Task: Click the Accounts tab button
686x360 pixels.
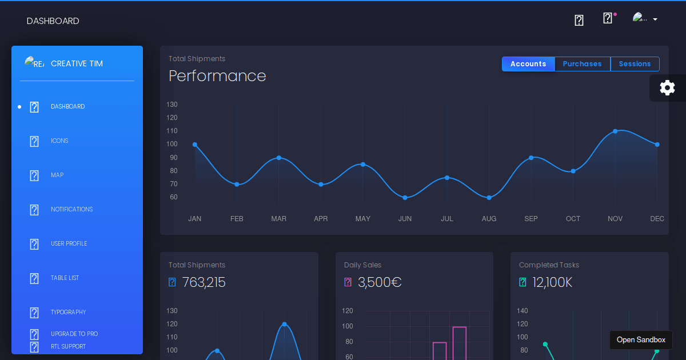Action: coord(528,64)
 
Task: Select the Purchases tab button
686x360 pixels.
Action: coord(582,64)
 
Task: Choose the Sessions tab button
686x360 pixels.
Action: coord(635,64)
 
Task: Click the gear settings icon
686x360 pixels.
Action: coord(667,87)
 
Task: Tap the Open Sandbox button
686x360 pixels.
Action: coord(641,340)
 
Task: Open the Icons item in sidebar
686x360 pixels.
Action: coord(59,141)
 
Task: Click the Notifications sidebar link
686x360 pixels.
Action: coord(71,209)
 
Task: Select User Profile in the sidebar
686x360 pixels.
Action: coord(69,243)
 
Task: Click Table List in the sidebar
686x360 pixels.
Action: coord(65,278)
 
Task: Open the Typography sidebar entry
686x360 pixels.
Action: coord(68,312)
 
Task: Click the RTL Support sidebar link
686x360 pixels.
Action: coord(68,346)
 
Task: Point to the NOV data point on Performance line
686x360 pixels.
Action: coord(615,131)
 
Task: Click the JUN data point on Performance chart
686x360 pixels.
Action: coord(405,198)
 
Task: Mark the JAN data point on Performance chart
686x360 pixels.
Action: coord(195,145)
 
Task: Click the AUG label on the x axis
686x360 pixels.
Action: coord(489,219)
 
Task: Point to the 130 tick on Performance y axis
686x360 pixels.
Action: coord(172,105)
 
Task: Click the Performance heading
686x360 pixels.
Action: coord(217,76)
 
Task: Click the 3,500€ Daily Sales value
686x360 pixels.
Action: coord(380,282)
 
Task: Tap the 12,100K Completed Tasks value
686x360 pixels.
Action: coord(552,282)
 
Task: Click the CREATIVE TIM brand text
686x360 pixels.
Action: coord(77,63)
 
